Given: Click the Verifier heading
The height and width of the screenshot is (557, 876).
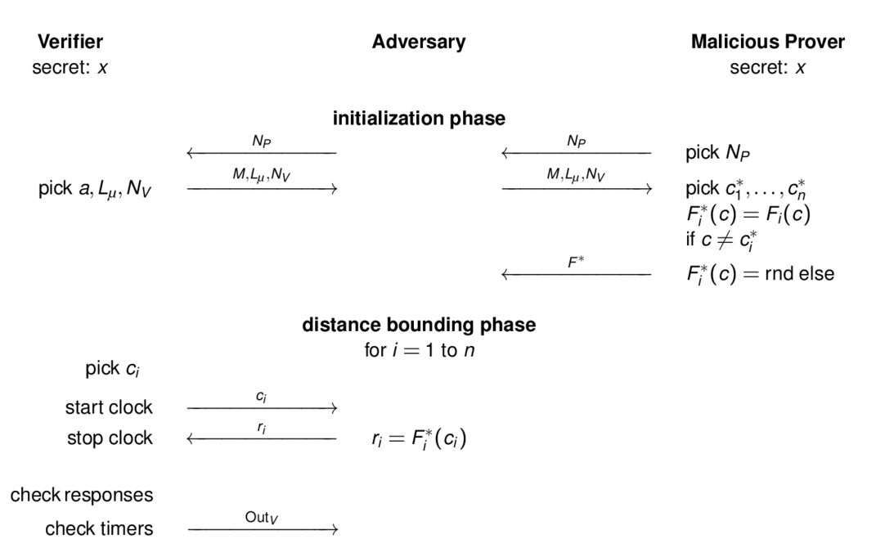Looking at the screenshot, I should coord(70,42).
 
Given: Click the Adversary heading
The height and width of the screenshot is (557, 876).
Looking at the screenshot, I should coord(418,42).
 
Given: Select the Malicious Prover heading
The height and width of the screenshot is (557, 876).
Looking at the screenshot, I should coord(767,42).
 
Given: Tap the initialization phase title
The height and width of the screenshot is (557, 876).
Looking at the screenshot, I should coord(418,119).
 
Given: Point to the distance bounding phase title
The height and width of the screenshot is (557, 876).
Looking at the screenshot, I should coord(419,325).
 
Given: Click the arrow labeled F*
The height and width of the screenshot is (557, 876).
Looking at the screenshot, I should coord(576,275).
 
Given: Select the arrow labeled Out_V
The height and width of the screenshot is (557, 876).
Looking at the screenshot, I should coord(262,530).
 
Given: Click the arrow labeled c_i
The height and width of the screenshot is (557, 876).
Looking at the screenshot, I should coord(262,407).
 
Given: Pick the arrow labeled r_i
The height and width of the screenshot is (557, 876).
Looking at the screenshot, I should coord(262,438).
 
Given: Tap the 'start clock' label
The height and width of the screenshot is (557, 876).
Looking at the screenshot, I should coord(109,407).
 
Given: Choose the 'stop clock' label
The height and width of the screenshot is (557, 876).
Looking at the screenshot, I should coord(110,438).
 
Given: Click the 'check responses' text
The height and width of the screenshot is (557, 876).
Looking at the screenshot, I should coord(82,495).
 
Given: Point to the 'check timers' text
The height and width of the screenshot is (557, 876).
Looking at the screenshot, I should coord(99,528).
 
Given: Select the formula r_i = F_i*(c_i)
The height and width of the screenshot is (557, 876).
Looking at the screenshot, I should coord(418,439).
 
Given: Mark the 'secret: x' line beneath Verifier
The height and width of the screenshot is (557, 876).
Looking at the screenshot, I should coord(70,68).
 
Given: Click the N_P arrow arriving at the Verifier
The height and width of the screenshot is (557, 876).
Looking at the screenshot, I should coord(262,153).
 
